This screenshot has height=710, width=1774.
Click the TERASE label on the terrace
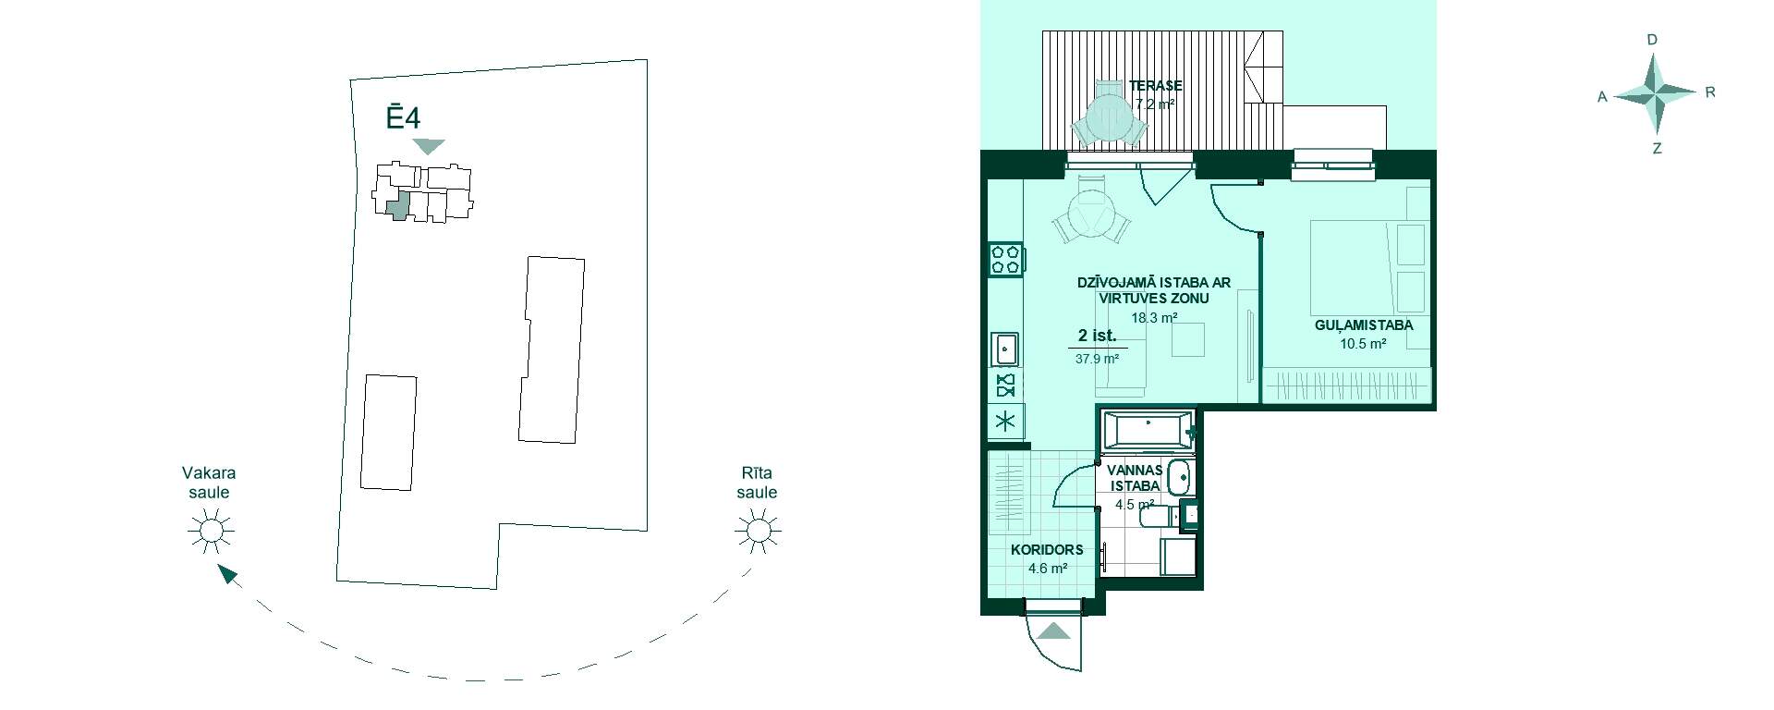tap(1156, 86)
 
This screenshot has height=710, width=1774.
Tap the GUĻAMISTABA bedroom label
tap(1364, 325)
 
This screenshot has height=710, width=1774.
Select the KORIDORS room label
tap(1047, 549)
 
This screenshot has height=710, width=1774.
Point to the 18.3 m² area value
tap(1154, 317)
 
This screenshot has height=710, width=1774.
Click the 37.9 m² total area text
tap(1097, 359)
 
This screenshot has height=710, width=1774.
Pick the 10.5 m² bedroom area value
tap(1363, 344)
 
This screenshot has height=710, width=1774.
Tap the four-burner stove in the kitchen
tap(1005, 259)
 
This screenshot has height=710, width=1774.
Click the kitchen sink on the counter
tap(1004, 349)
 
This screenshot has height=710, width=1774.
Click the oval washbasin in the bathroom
tap(1179, 478)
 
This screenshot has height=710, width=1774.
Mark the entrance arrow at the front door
tap(1053, 631)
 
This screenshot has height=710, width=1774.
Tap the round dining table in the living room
tap(1091, 214)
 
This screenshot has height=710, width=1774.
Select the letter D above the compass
tap(1653, 40)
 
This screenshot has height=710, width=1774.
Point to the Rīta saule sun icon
tap(757, 531)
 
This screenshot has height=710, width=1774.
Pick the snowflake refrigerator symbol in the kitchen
tap(1005, 422)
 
